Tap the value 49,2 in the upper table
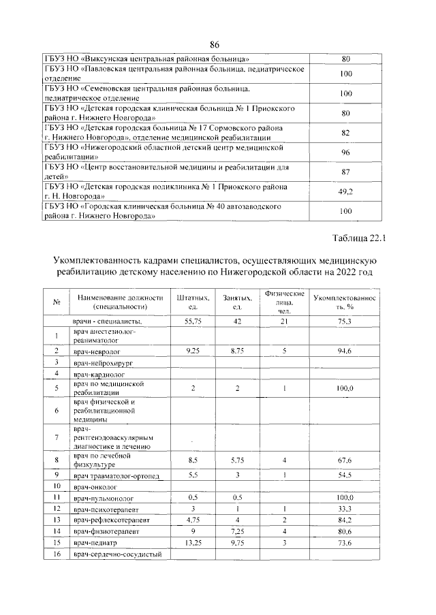point(345,192)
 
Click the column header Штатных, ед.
point(191,302)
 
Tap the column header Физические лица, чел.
point(285,302)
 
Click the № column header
point(57,302)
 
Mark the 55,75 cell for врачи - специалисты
point(191,321)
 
